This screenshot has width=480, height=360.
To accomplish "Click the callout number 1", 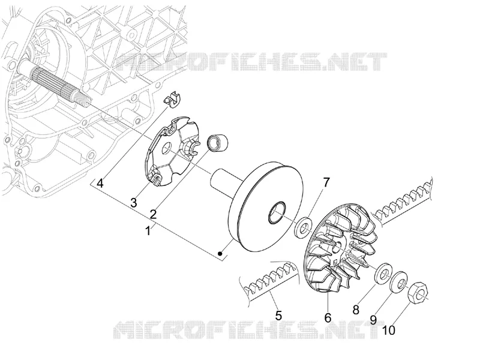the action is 148,231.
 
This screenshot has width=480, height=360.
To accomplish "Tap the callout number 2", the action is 154,214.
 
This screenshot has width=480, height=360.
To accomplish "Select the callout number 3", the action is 133,202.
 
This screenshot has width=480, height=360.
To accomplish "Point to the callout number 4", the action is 100,184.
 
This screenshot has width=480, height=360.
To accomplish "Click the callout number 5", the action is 278,316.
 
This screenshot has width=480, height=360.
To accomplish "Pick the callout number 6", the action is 328,318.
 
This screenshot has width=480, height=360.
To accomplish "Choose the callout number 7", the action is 326,182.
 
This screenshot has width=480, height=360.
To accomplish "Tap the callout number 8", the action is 356,310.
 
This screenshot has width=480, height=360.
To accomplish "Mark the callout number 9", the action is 373,320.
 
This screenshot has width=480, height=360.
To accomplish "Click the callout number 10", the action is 389,331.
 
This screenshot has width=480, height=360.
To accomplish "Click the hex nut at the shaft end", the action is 418,291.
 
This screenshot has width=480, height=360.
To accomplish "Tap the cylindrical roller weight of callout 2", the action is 218,143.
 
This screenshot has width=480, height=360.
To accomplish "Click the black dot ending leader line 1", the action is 220,253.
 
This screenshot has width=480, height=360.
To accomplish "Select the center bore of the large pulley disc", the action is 278,211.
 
